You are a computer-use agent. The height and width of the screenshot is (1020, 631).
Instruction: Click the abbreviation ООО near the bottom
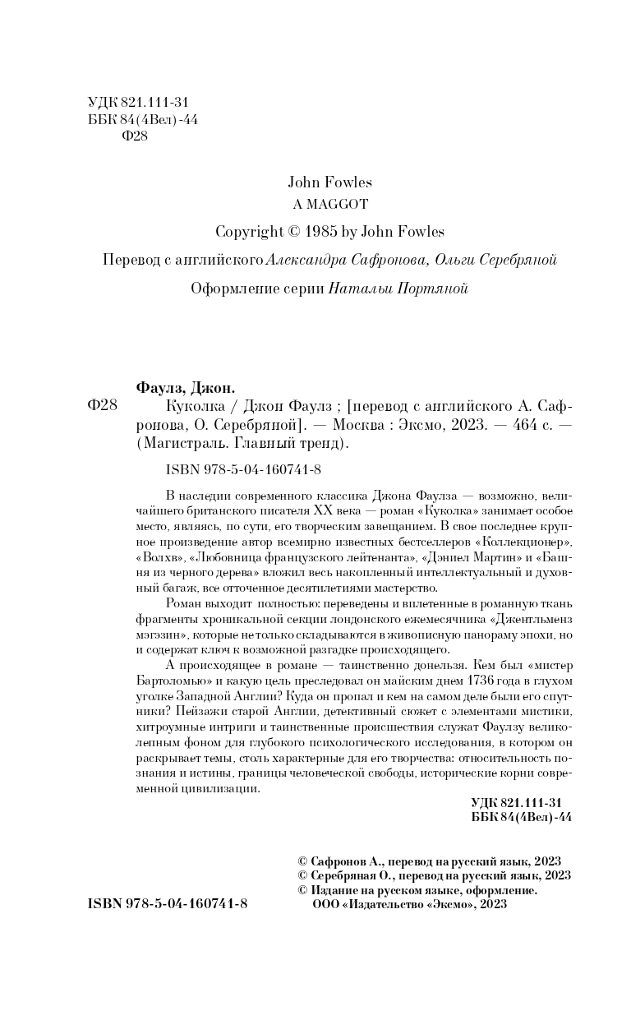coord(325,903)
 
